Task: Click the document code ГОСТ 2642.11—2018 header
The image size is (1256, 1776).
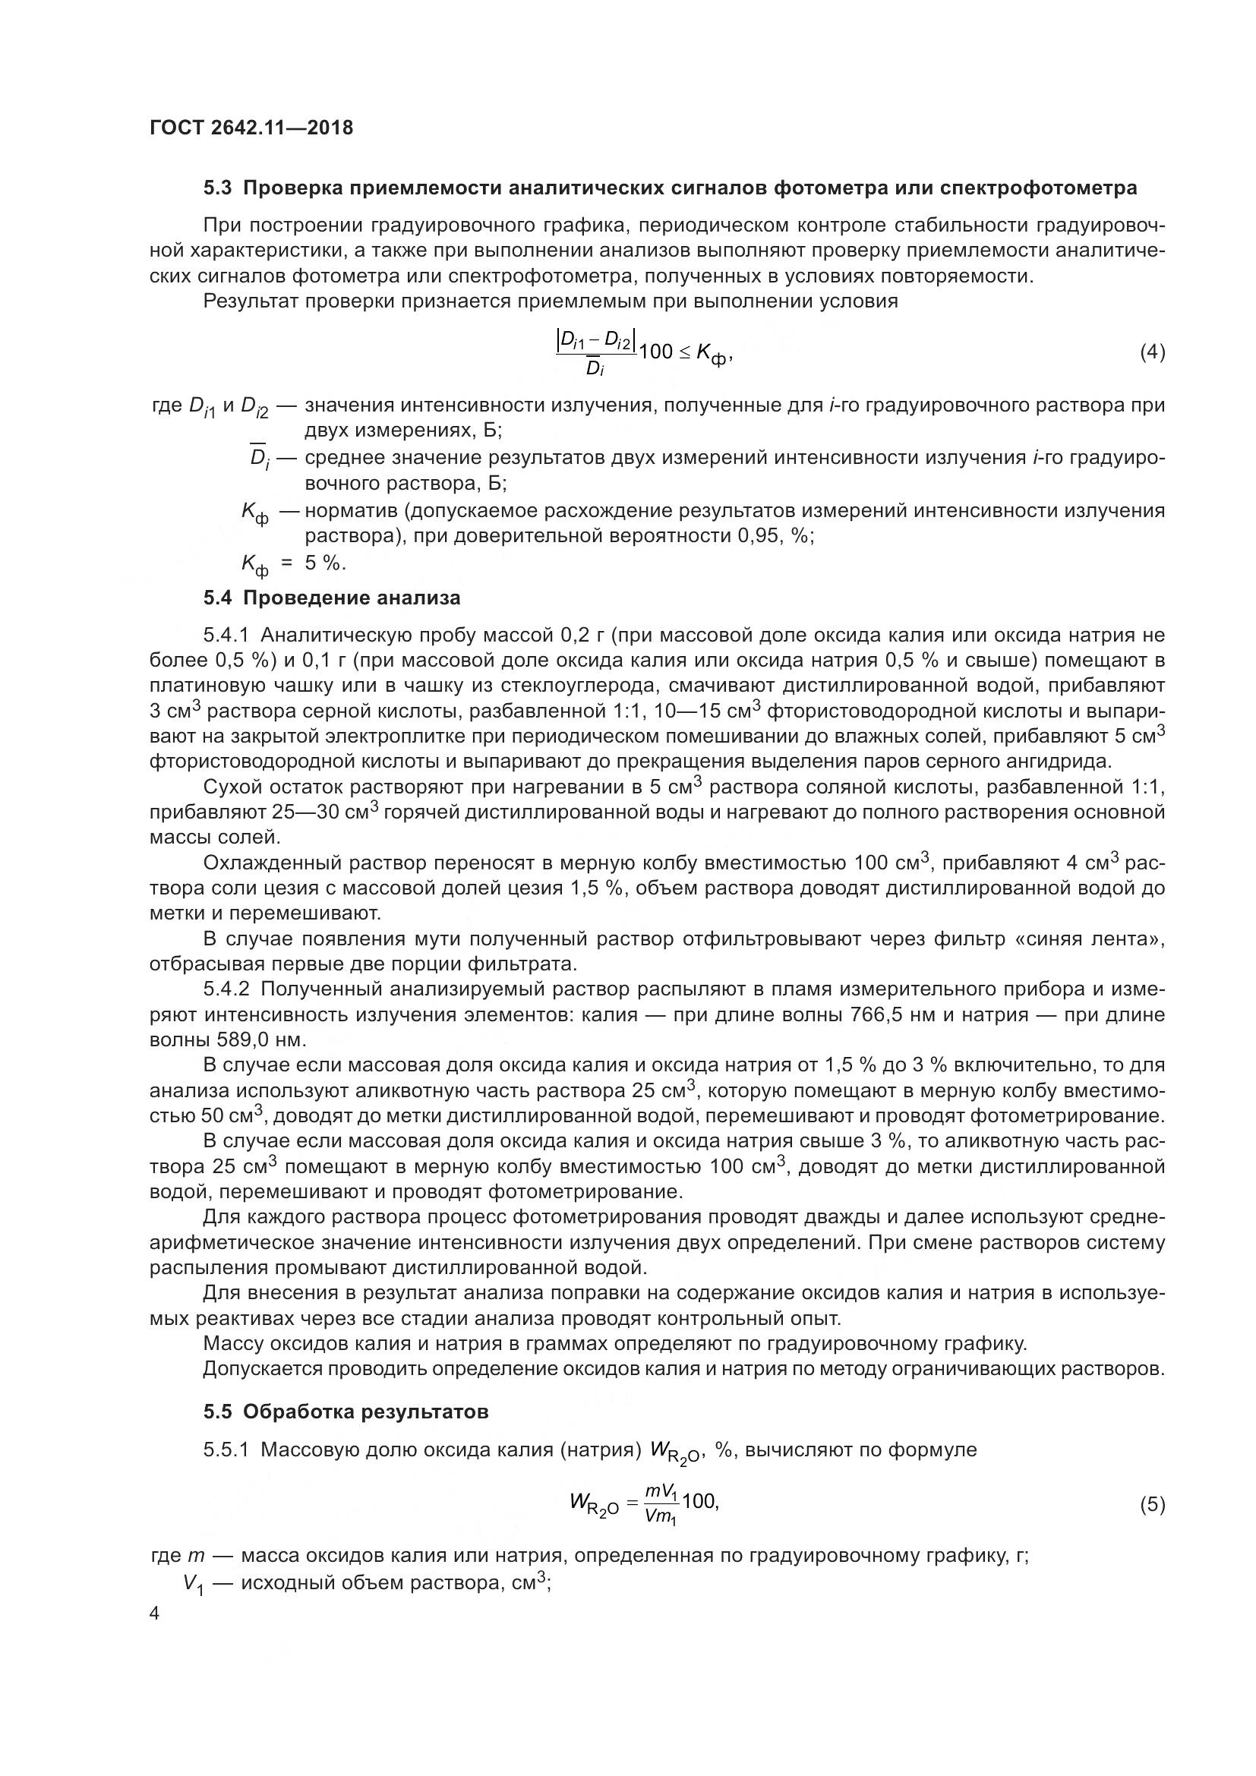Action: pyautogui.click(x=251, y=128)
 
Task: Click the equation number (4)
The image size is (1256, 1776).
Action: pyautogui.click(x=1153, y=353)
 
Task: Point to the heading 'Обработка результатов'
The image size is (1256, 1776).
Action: pyautogui.click(x=366, y=1412)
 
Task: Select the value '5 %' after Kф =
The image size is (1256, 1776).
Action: pyautogui.click(x=324, y=563)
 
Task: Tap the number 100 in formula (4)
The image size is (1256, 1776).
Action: pyautogui.click(x=657, y=353)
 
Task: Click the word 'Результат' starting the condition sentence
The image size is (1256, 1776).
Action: pyautogui.click(x=250, y=301)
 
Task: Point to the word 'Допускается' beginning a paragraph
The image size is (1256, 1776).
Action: pyautogui.click(x=260, y=1369)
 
